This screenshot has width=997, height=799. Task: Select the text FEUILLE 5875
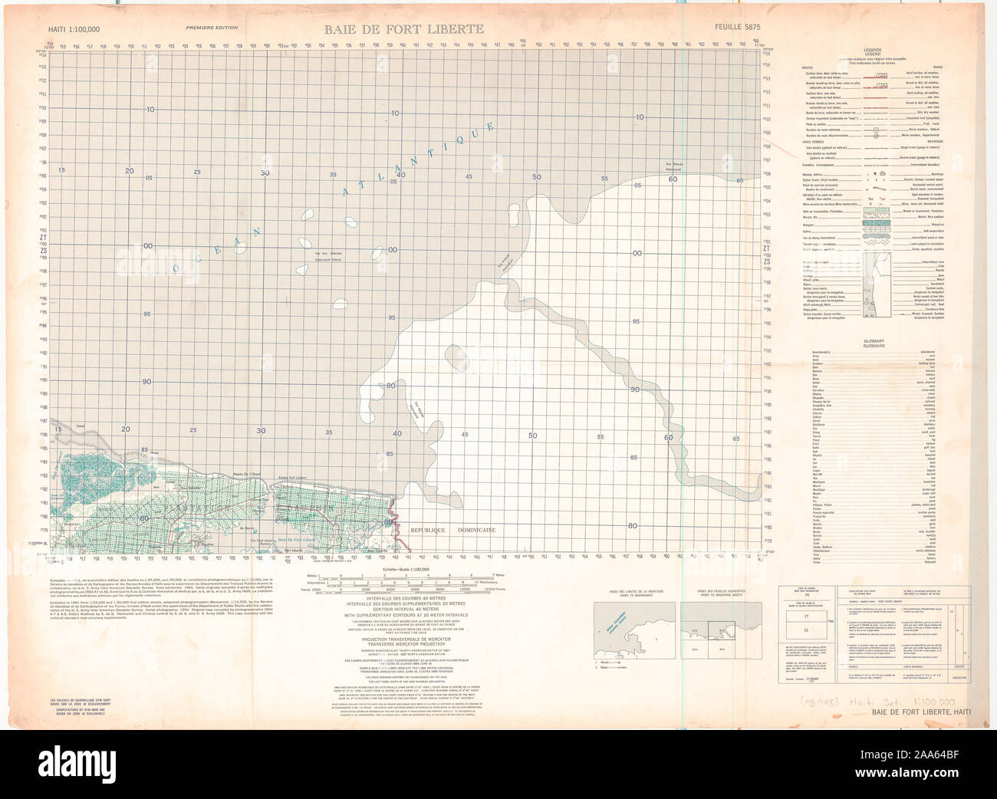pos(732,29)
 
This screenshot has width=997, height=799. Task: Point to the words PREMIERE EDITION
pos(212,28)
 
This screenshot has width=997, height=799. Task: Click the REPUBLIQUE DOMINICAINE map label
pos(452,531)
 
